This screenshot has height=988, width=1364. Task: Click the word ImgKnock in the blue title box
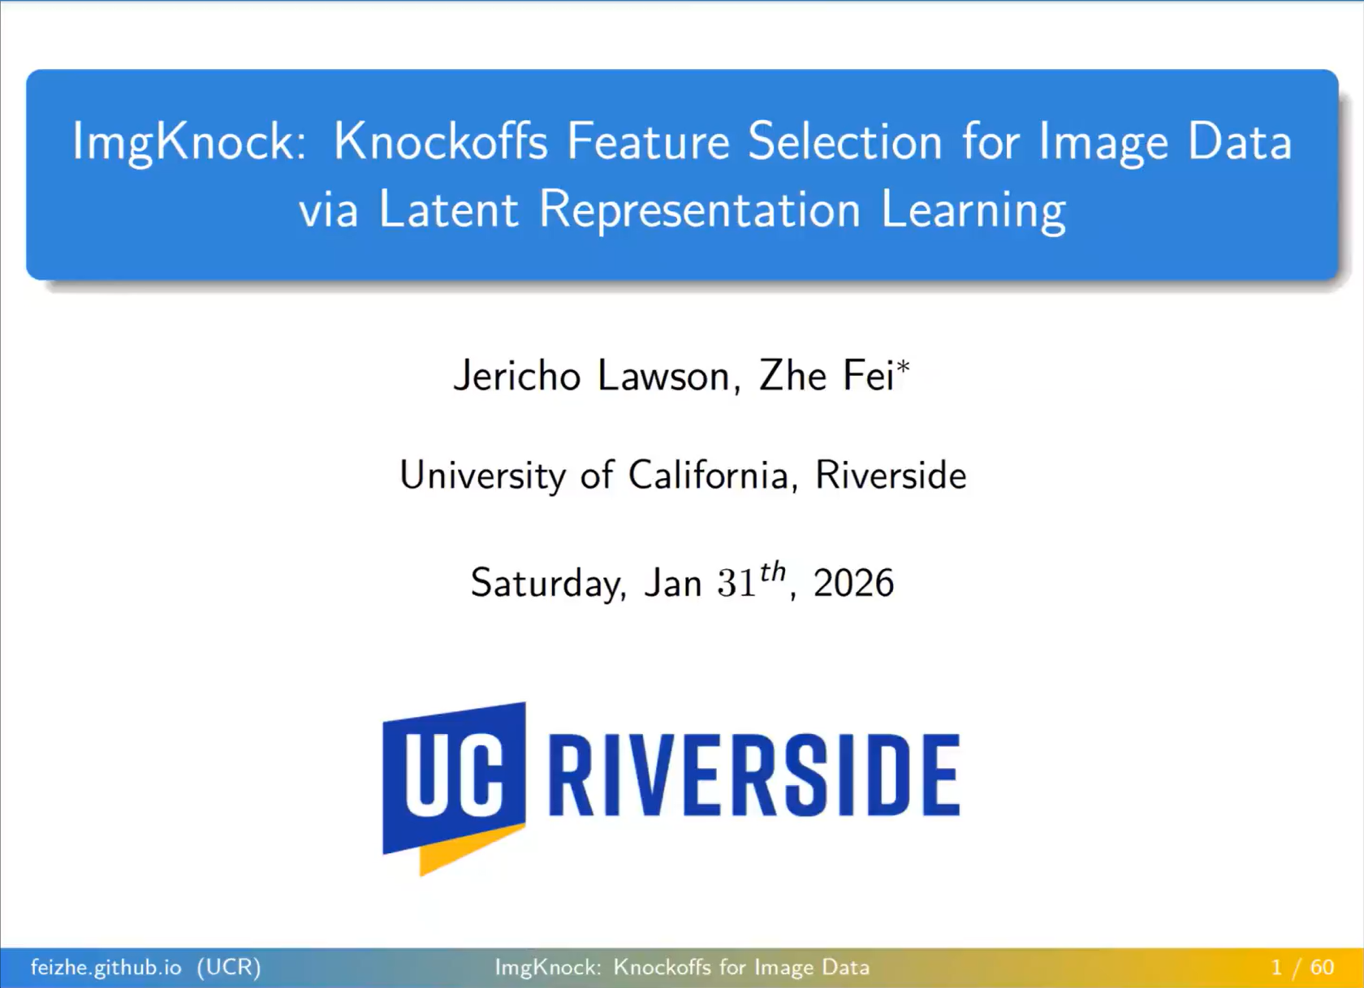tap(188, 142)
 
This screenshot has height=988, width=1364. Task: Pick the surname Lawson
tap(669, 376)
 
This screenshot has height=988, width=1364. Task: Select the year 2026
tap(854, 583)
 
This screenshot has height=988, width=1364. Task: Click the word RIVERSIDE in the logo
tap(754, 775)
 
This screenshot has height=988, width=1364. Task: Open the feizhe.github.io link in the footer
tap(106, 968)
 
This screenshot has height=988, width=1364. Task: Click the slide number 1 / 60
tap(1302, 968)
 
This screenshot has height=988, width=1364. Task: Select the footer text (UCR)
tap(229, 968)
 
